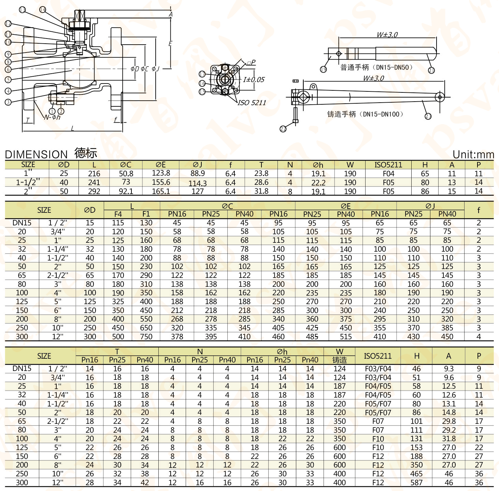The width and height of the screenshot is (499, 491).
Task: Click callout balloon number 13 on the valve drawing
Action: pyautogui.click(x=22, y=10)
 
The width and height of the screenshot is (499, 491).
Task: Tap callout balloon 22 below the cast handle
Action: pyautogui.click(x=283, y=129)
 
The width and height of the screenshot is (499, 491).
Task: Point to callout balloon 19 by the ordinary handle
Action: pyautogui.click(x=323, y=69)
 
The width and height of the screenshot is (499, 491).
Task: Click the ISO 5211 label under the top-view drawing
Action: pyautogui.click(x=252, y=103)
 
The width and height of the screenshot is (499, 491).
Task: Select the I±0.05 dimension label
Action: pyautogui.click(x=254, y=79)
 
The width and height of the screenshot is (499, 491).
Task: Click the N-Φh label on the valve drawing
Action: pyautogui.click(x=52, y=117)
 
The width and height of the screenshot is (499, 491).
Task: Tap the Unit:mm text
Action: pyautogui.click(x=473, y=154)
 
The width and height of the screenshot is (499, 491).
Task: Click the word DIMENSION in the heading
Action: pyautogui.click(x=36, y=154)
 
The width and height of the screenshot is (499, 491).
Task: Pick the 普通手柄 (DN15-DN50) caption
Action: pyautogui.click(x=376, y=68)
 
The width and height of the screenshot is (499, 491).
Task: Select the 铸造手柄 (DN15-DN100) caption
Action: pyautogui.click(x=366, y=114)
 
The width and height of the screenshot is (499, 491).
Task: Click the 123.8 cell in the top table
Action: pyautogui.click(x=161, y=173)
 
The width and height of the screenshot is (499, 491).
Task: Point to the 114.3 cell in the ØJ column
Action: pyautogui.click(x=198, y=183)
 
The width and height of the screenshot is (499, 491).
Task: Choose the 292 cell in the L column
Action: pyautogui.click(x=94, y=191)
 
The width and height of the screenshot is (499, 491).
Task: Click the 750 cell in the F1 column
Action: pyautogui.click(x=146, y=337)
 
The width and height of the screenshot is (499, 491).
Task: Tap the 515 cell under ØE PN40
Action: pyautogui.click(x=346, y=337)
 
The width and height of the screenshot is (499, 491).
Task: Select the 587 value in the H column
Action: pyautogui.click(x=416, y=482)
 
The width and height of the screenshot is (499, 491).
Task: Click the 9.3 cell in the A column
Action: pyautogui.click(x=449, y=369)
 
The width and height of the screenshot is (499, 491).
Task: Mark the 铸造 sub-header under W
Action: pyautogui.click(x=340, y=360)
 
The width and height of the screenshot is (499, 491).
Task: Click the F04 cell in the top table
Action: pyautogui.click(x=388, y=174)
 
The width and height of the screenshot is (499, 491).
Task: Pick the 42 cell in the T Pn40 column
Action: pyautogui.click(x=145, y=482)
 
